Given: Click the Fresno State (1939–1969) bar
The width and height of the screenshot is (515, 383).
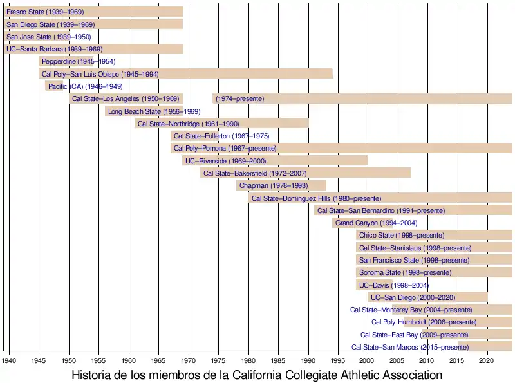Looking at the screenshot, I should tap(93, 12).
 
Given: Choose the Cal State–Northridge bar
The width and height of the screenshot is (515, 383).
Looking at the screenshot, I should tap(221, 123).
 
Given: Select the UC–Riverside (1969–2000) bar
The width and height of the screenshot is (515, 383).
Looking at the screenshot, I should tap(276, 160).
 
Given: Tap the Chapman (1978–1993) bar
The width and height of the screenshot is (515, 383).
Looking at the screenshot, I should tap(281, 185).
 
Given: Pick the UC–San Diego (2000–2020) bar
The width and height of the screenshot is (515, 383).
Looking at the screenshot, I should tap(427, 297).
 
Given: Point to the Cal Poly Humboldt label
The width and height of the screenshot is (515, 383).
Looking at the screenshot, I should tap(424, 322).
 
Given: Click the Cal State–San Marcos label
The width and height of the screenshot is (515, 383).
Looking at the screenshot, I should tap(409, 347).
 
